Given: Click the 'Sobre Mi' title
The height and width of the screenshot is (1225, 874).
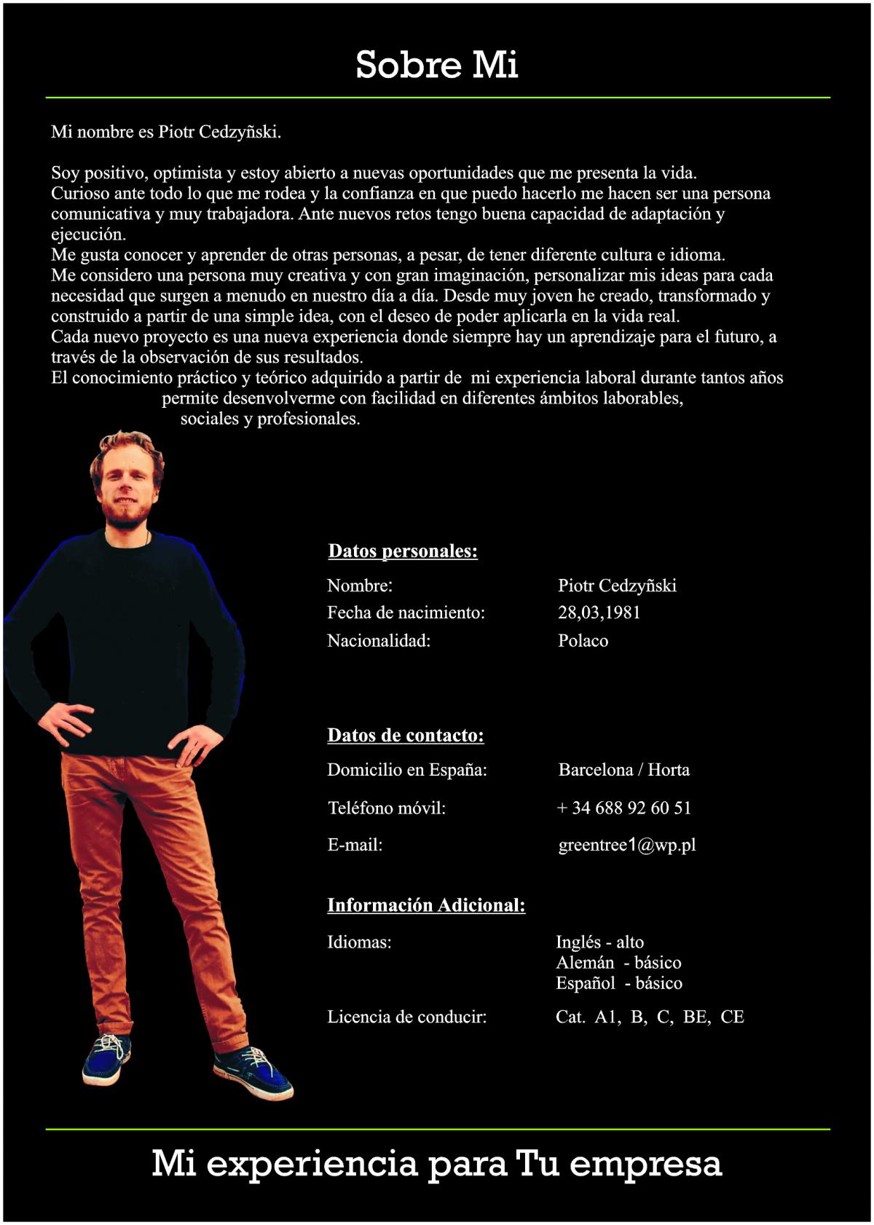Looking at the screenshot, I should (436, 65).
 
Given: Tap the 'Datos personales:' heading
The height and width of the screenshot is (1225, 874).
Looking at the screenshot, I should (403, 551).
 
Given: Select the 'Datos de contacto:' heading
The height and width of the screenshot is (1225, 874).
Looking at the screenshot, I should (406, 736).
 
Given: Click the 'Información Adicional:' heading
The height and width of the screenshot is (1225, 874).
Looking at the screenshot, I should (426, 905).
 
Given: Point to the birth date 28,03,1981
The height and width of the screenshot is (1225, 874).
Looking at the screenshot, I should (599, 612).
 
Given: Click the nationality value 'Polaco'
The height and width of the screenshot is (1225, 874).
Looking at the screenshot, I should (583, 641).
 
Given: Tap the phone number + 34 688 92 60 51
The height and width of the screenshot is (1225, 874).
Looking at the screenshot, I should (624, 808).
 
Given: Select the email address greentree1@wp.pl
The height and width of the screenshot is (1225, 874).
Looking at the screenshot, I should (627, 845).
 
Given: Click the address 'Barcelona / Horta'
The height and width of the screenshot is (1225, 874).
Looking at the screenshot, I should (623, 770).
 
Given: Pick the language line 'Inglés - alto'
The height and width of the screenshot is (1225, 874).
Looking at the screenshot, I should (599, 942).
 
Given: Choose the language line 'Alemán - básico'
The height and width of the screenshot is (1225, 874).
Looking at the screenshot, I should (618, 963).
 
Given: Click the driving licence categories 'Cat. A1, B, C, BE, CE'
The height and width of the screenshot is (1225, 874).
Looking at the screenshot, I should (650, 1017).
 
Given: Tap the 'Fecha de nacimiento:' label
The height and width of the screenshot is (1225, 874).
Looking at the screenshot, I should (406, 612).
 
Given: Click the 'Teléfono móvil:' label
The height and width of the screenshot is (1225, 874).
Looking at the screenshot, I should (386, 808).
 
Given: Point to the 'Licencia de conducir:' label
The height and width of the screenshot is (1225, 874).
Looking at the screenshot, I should (406, 1017).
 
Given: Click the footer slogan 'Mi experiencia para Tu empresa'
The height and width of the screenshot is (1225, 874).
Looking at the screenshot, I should (436, 1163).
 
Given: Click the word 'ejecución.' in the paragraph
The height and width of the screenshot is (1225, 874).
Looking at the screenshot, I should (88, 235).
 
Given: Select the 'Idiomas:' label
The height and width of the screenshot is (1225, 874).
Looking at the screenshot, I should (359, 942).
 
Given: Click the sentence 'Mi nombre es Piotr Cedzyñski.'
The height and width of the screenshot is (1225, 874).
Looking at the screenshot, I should (166, 132).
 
